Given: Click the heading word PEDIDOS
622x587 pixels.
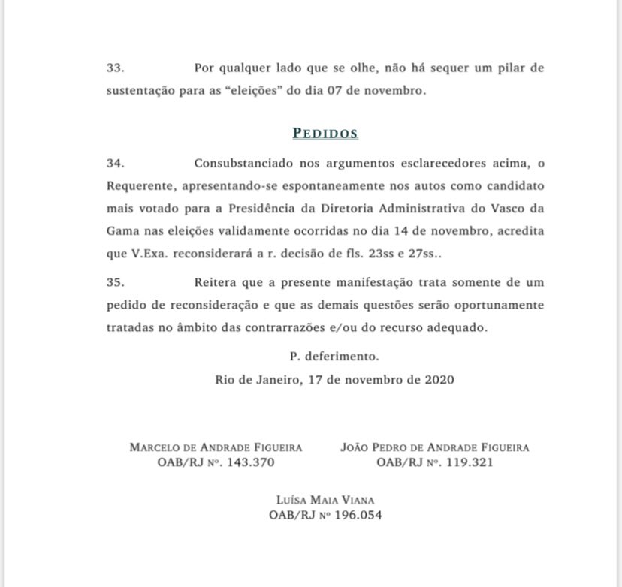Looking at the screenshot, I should pyautogui.click(x=325, y=134).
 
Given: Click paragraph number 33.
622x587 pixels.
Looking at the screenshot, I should pyautogui.click(x=115, y=68).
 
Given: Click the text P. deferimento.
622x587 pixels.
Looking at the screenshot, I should pyautogui.click(x=334, y=357).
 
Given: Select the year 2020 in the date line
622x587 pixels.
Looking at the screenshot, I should pyautogui.click(x=439, y=380).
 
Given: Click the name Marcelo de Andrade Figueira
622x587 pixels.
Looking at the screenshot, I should pyautogui.click(x=216, y=447).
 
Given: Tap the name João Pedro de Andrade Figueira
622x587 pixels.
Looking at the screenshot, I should pyautogui.click(x=435, y=447).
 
